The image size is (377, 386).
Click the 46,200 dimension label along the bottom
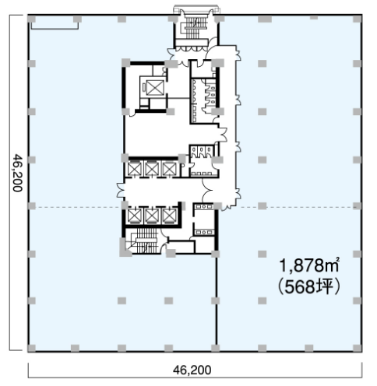click(x=192, y=370)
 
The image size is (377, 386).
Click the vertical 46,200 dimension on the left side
click(x=18, y=173)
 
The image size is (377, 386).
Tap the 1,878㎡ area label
click(x=309, y=265)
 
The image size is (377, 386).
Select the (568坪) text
click(x=309, y=287)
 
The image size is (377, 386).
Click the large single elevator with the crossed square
click(x=155, y=87)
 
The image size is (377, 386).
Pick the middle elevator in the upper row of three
click(x=152, y=168)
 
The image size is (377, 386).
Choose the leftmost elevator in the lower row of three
click(x=135, y=216)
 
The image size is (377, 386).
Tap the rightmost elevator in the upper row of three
click(x=169, y=168)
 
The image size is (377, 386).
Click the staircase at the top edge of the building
click(x=196, y=28)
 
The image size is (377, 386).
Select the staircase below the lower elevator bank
click(x=146, y=240)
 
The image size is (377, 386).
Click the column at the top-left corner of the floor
click(x=32, y=19)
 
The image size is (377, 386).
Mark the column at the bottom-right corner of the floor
click(x=358, y=348)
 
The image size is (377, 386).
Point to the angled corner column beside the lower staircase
click(x=124, y=248)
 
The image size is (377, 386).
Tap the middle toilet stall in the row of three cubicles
click(x=201, y=151)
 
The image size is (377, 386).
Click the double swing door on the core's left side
click(x=120, y=191)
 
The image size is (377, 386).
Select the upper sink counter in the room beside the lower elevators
click(x=204, y=207)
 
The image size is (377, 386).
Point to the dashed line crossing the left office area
click(x=76, y=207)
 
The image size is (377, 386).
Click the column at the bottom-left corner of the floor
click(x=32, y=348)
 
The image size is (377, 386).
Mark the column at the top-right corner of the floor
click(x=358, y=19)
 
